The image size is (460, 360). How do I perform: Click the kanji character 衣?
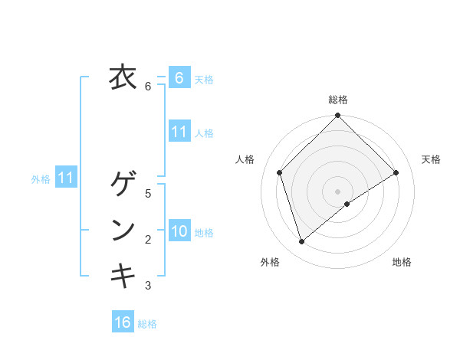coord(122,78)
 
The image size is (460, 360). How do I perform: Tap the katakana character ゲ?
coord(123,185)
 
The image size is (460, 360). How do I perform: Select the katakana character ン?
coord(123,230)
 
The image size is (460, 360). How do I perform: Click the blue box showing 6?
coord(179,78)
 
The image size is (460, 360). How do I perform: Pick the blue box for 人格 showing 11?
coord(179,132)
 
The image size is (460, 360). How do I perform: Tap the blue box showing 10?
coord(179,231)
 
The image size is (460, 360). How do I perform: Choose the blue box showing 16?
coord(122,322)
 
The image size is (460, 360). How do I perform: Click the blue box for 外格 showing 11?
coord(65,178)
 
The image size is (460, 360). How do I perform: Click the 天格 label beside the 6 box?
coord(204,80)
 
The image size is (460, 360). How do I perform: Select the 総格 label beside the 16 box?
coord(147,324)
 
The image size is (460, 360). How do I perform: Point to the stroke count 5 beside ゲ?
coord(148,194)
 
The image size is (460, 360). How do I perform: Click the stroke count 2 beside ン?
coord(148,240)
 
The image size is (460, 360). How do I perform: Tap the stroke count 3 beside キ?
coord(148,286)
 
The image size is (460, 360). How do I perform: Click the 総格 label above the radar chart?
coord(337,100)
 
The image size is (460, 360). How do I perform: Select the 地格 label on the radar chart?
coord(402,263)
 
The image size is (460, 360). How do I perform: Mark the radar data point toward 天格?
coord(396,172)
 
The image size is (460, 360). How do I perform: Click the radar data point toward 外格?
coord(302,241)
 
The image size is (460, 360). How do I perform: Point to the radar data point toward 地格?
coord(347,204)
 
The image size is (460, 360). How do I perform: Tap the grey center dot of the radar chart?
coord(337,191)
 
